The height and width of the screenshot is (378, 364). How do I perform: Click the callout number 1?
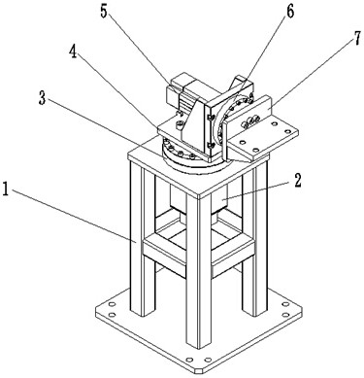6,189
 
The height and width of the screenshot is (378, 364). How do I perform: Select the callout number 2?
298,181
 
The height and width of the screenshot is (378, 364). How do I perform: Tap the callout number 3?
42,98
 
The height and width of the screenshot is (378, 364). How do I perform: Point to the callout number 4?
73,52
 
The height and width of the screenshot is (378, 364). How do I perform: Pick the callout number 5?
104,12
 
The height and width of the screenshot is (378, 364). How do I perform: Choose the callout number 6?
289,12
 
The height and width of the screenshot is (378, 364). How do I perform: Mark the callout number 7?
356,39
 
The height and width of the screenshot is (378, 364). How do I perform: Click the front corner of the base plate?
198,372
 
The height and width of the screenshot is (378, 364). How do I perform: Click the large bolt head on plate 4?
180,124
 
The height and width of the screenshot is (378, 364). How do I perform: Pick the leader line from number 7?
311,77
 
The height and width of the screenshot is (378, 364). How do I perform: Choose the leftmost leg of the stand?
142,240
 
